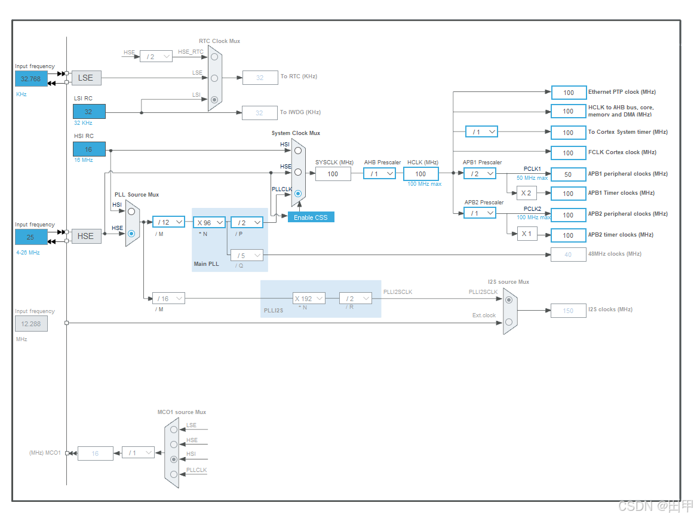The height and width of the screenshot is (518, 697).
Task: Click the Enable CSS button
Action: pyautogui.click(x=311, y=217)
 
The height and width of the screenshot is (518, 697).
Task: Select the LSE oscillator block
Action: pyautogui.click(x=86, y=78)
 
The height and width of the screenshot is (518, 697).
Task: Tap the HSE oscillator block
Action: pyautogui.click(x=86, y=236)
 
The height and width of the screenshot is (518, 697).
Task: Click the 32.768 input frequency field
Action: pyautogui.click(x=31, y=78)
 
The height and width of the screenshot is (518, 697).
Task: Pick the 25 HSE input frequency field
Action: pyautogui.click(x=30, y=237)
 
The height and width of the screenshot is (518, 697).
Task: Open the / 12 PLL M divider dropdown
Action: pyautogui.click(x=168, y=222)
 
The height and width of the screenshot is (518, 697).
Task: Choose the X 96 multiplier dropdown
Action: pyautogui.click(x=208, y=222)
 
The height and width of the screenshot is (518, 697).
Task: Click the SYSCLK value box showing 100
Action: pyautogui.click(x=333, y=174)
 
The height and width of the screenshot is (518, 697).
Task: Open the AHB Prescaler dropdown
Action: pyautogui.click(x=379, y=174)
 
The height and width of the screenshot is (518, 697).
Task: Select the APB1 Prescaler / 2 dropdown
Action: pyautogui.click(x=480, y=173)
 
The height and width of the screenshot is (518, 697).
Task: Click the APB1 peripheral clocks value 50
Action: pyautogui.click(x=568, y=174)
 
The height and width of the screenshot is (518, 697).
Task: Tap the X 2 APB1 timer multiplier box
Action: pyautogui.click(x=526, y=193)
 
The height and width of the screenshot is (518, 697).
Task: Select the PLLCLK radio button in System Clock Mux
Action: pyautogui.click(x=298, y=194)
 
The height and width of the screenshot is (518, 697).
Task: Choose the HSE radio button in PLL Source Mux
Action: pyautogui.click(x=131, y=234)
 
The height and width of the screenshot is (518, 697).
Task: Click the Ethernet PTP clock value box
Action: pyautogui.click(x=568, y=93)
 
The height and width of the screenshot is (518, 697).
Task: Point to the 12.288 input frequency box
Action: pyautogui.click(x=31, y=323)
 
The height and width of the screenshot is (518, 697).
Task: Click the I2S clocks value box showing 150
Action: pyautogui.click(x=568, y=311)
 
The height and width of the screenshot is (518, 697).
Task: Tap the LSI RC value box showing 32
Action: pyautogui.click(x=89, y=112)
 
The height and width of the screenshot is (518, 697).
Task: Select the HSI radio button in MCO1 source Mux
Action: pyautogui.click(x=174, y=459)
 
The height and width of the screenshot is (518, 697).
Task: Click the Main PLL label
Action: pyautogui.click(x=207, y=263)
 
